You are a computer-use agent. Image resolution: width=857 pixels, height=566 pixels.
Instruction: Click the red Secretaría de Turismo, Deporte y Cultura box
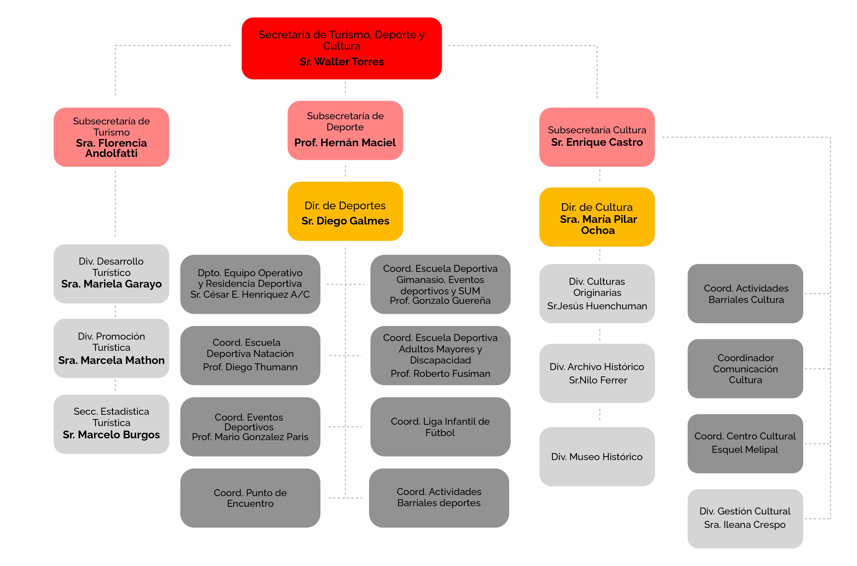coord(341,48)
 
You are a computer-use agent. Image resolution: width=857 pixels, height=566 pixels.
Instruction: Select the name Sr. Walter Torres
coord(342,62)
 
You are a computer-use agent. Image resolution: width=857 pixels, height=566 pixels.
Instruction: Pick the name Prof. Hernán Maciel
coord(345,143)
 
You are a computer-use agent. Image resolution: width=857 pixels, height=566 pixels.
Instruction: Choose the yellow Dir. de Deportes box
coord(345,211)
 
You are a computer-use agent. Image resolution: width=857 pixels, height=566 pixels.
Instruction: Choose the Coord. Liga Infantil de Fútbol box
coord(440,427)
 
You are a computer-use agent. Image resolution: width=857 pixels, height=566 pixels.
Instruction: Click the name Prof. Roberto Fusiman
coord(440,374)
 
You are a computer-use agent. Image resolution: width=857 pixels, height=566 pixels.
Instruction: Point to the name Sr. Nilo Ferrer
coord(598,380)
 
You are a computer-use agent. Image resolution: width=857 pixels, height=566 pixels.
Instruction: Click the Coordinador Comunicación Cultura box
coord(745,368)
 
